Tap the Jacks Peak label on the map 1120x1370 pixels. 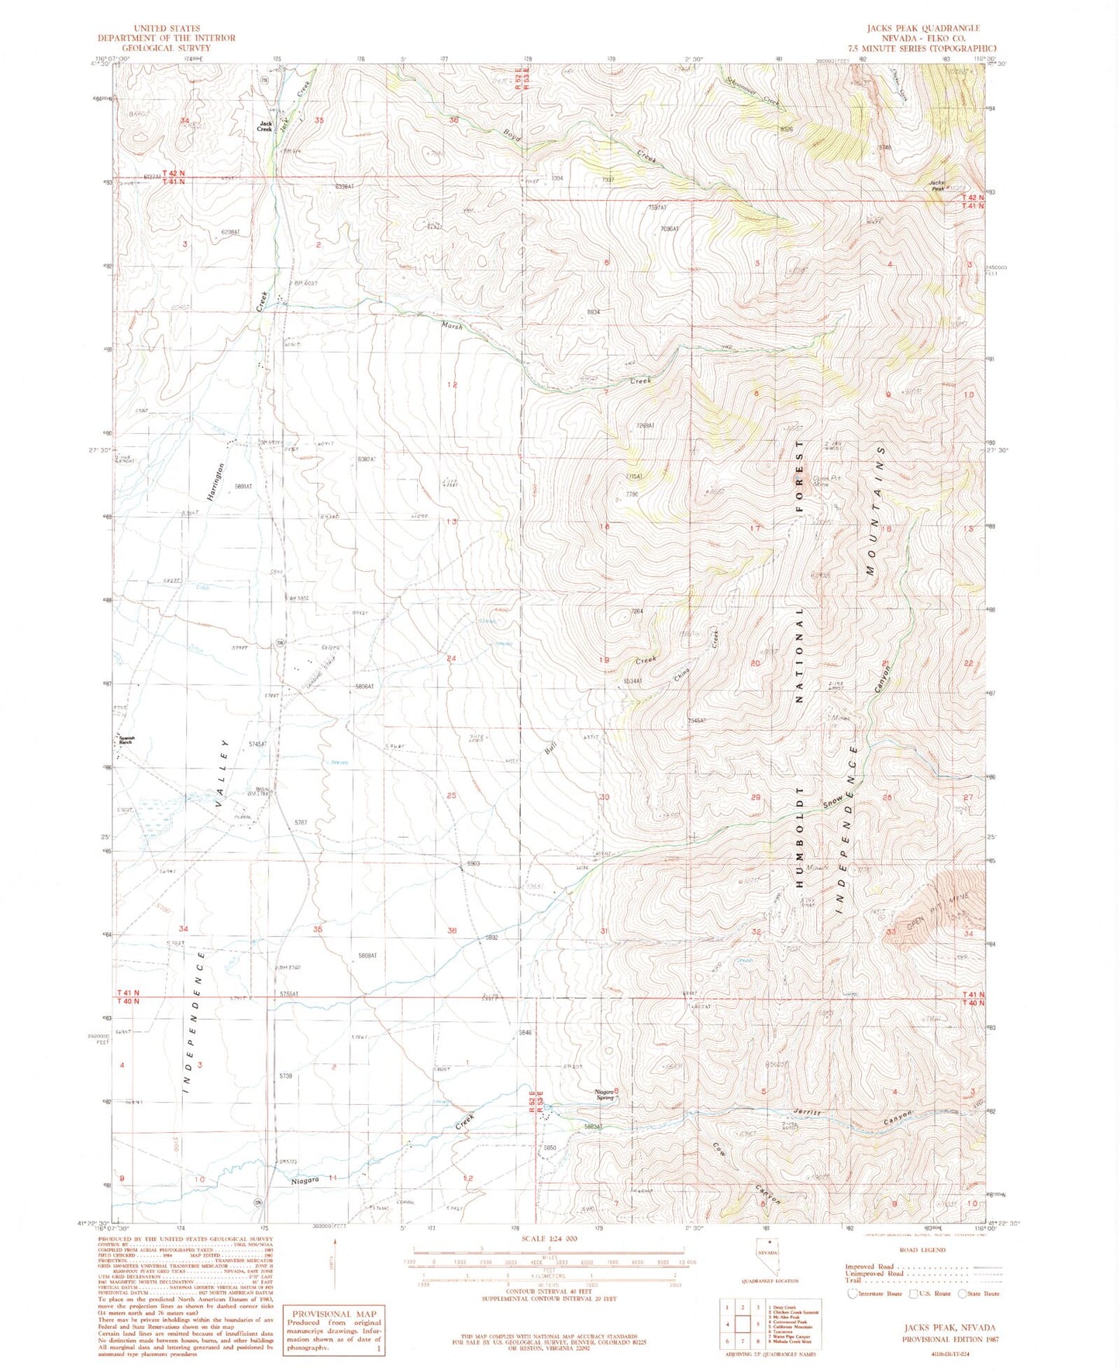[x=937, y=185]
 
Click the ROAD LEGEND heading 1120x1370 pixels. [x=925, y=1249]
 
